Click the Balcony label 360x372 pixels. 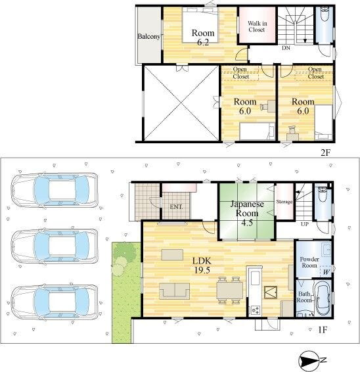(x=149, y=37)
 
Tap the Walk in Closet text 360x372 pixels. (x=258, y=26)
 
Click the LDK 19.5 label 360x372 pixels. (x=202, y=265)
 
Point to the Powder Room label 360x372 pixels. (x=309, y=262)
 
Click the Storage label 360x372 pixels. (x=284, y=202)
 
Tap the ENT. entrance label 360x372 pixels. (x=176, y=207)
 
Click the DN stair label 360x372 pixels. (x=286, y=48)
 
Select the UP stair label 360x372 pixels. (x=305, y=224)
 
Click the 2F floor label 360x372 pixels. (x=325, y=152)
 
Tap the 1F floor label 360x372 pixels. (x=323, y=329)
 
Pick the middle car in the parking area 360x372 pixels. (x=55, y=246)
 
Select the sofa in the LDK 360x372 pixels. (x=175, y=291)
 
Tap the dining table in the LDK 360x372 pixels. (x=229, y=290)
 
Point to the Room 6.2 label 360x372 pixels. (x=203, y=37)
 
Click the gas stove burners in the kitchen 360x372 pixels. (x=256, y=310)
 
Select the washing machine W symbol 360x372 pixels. (x=326, y=272)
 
